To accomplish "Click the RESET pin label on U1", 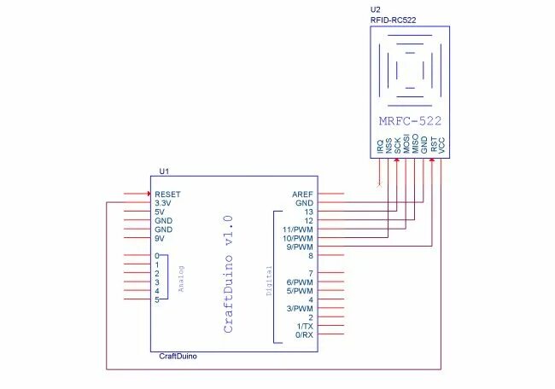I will click(x=167, y=194).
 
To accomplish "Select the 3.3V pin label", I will click(x=164, y=203).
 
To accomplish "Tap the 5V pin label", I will click(x=160, y=212).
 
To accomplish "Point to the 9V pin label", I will click(x=160, y=239).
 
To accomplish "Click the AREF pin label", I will click(x=303, y=194).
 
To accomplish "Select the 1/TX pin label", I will click(x=306, y=326).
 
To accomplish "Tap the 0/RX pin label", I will click(x=305, y=335).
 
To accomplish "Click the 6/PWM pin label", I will click(x=301, y=282).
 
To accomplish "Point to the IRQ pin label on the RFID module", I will click(x=380, y=147).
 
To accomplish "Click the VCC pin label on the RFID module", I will click(x=441, y=147).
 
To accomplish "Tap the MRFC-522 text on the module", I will click(x=410, y=120).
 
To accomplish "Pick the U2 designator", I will click(x=375, y=9).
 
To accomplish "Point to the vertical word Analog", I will click(x=181, y=278).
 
